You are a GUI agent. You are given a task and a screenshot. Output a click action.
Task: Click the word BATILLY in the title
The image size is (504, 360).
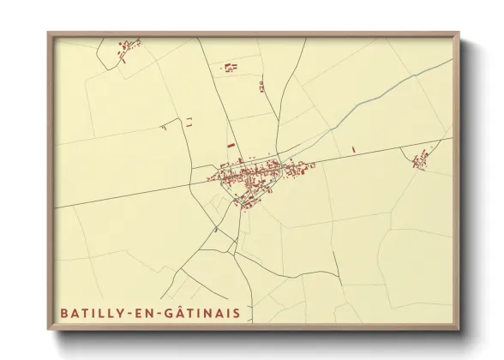click(x=87, y=312)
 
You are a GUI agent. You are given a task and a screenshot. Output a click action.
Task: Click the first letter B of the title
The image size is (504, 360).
click(x=63, y=312)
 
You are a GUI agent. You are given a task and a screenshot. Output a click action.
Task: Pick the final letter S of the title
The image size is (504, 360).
click(x=237, y=312)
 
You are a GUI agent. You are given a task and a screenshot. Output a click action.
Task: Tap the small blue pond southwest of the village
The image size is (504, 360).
click(x=216, y=230)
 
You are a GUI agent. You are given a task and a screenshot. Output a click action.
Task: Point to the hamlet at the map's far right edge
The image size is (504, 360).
click(x=421, y=158)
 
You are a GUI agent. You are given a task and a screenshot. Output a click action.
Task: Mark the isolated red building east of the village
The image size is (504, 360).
click(x=353, y=150)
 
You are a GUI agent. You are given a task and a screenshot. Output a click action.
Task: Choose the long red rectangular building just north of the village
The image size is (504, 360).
click(x=231, y=146)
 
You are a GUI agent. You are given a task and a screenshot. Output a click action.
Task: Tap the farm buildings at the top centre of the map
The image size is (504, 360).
click(x=230, y=66)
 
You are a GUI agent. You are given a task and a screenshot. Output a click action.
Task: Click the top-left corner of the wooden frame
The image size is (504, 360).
click(x=49, y=34)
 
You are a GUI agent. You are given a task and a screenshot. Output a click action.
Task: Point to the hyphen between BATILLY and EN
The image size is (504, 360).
click(x=129, y=312)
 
